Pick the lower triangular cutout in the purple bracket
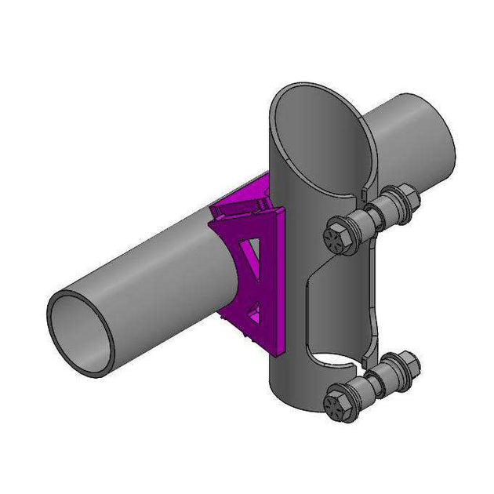[252, 312]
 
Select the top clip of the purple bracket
[243, 206]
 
